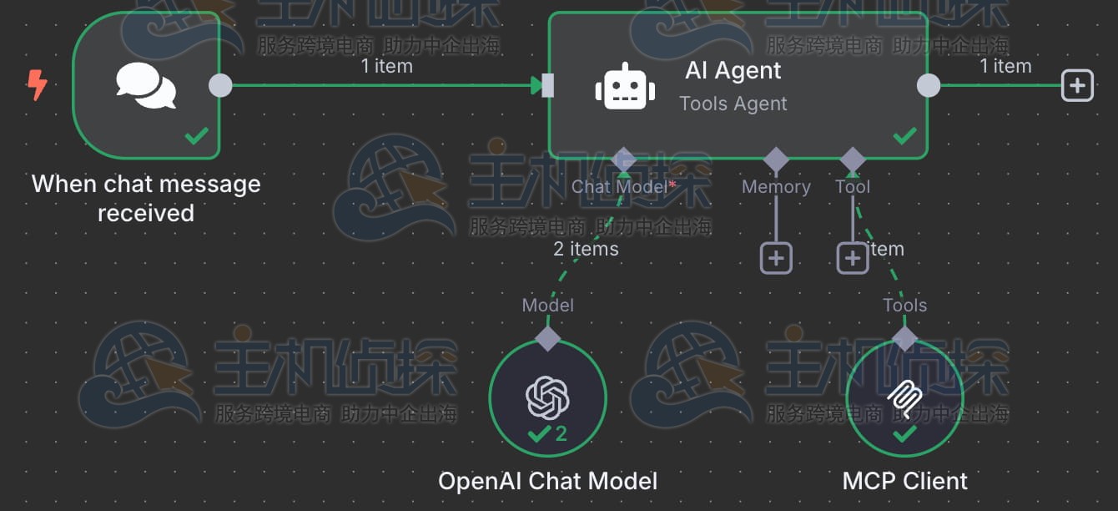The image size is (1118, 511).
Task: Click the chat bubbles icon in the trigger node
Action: [x=146, y=85]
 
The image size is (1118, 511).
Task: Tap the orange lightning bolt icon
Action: [x=37, y=84]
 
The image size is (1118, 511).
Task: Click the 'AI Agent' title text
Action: [x=733, y=70]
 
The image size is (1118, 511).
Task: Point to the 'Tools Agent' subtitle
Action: [x=733, y=104]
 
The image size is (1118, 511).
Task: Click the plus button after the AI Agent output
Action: [x=1077, y=85]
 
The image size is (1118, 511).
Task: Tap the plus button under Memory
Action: [x=776, y=259]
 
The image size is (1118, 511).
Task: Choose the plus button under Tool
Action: [x=852, y=259]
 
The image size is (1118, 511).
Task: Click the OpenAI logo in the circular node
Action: [x=547, y=397]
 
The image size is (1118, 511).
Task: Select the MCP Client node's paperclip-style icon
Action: [x=904, y=398]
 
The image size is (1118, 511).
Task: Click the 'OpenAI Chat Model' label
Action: [x=547, y=481]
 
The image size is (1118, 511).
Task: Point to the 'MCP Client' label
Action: [x=905, y=481]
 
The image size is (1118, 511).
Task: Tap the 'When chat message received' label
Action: [x=146, y=199]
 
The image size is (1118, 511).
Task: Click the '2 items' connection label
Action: [x=586, y=249]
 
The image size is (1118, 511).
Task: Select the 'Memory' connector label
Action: [x=776, y=187]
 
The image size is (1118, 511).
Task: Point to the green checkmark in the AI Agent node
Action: [x=904, y=134]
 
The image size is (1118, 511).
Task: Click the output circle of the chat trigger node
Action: [x=220, y=85]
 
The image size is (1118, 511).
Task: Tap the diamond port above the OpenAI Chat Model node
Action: [x=547, y=338]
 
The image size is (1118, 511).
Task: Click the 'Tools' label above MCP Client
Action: [x=905, y=306]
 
